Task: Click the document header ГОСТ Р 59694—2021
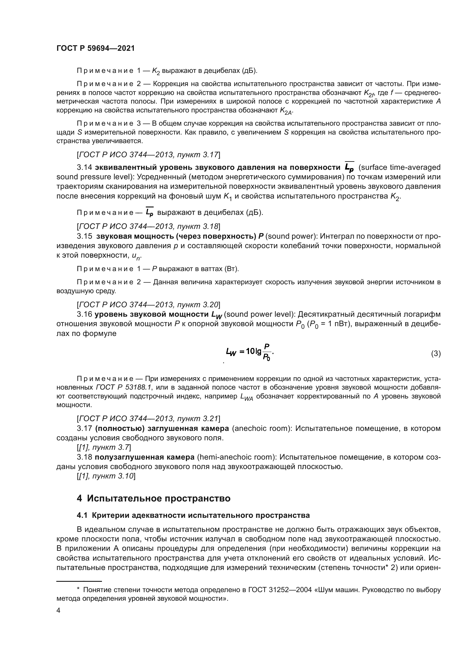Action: pyautogui.click(x=95, y=48)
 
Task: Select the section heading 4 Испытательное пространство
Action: pyautogui.click(x=154, y=498)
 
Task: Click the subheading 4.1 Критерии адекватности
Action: pyautogui.click(x=193, y=515)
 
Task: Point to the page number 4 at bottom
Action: pyautogui.click(x=58, y=610)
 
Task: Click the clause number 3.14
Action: pyautogui.click(x=84, y=168)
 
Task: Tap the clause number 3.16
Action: pyautogui.click(x=84, y=314)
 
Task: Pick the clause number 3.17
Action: pyautogui.click(x=84, y=428)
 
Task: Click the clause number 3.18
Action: pyautogui.click(x=84, y=457)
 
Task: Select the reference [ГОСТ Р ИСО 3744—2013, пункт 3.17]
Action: pyautogui.click(x=148, y=155)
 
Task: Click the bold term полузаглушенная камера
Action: pyautogui.click(x=144, y=457)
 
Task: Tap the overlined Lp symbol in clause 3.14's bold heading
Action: pyautogui.click(x=349, y=168)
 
